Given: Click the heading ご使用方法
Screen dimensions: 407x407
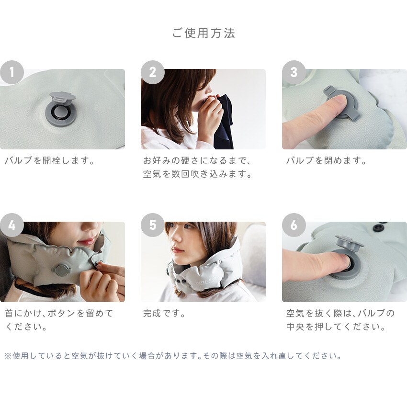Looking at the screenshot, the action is click(203, 34).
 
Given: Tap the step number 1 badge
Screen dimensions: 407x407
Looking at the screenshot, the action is click(12, 72).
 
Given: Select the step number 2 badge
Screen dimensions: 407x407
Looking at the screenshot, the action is click(153, 72).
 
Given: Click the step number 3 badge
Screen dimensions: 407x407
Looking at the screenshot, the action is click(294, 72).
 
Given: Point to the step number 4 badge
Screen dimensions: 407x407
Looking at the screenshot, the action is click(12, 225).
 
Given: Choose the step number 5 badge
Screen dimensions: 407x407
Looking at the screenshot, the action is click(153, 225).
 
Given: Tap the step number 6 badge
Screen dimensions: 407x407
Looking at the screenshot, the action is click(294, 225).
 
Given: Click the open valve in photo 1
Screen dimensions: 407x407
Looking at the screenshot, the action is click(61, 110).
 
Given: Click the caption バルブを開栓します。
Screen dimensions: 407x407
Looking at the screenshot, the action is click(50, 161).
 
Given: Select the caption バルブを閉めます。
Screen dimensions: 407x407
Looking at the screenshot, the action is click(327, 161).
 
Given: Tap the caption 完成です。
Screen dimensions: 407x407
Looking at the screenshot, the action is click(164, 313).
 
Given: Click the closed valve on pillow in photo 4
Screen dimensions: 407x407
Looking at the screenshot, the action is click(61, 270).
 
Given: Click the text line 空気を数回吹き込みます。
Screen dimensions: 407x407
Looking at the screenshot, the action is click(198, 174).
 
